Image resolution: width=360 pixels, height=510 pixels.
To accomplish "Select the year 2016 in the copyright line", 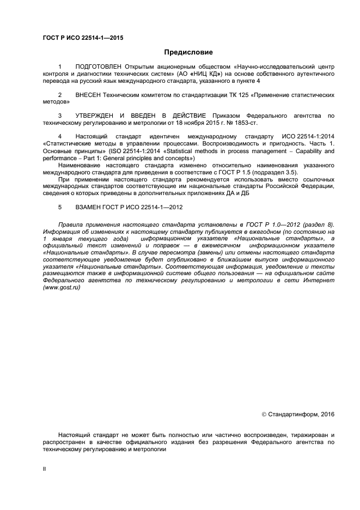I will click(x=327, y=415).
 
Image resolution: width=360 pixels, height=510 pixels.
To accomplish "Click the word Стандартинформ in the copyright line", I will click(x=292, y=415).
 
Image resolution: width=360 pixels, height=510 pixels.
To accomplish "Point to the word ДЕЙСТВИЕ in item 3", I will click(x=185, y=116).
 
